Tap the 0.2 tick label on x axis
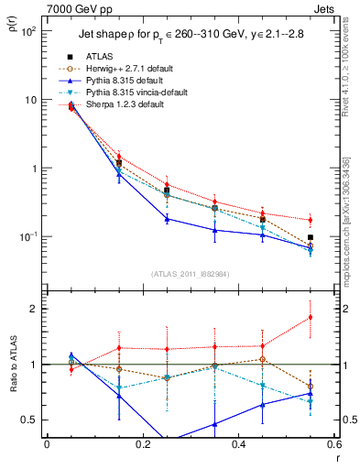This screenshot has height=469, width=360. [x=142, y=445]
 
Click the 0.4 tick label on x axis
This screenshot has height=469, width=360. [x=237, y=445]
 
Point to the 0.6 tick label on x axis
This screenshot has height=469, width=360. [x=332, y=445]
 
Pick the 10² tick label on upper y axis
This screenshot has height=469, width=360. [x=29, y=30]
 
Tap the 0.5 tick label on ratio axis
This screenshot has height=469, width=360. [x=30, y=420]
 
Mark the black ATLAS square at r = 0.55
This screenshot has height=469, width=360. [x=310, y=237]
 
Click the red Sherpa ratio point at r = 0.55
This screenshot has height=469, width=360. [x=310, y=318]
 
